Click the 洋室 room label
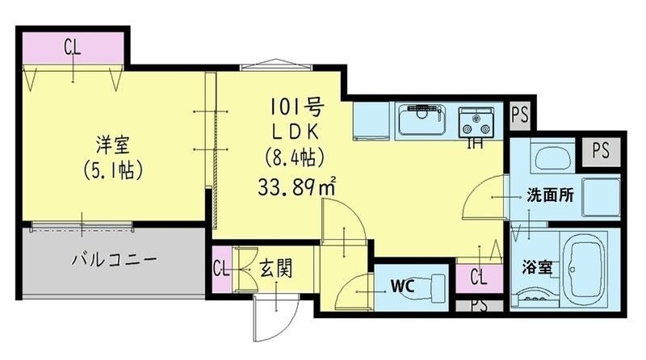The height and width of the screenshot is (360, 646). point(112,147)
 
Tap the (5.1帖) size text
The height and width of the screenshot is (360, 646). point(113,170)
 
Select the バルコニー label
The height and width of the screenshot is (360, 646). point(113,260)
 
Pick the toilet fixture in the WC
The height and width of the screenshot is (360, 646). point(436,285)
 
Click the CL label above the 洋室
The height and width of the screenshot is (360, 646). point(73,47)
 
